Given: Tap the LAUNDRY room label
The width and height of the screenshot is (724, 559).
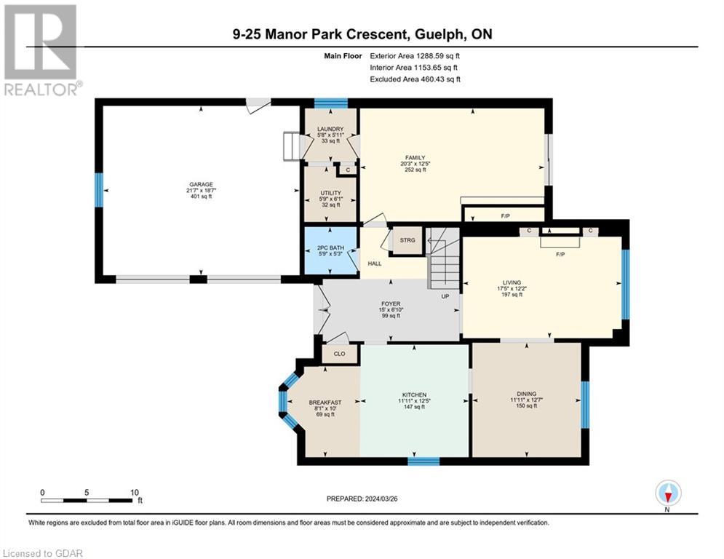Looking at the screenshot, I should click(330, 129).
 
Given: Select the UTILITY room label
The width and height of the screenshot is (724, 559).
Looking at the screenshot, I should click(330, 193).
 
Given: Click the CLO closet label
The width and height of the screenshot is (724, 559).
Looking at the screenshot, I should click(339, 354).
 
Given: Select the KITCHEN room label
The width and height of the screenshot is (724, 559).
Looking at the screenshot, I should click(413, 395).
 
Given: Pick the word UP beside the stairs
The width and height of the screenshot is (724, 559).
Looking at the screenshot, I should click(445, 296).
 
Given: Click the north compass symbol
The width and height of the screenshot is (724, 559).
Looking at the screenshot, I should click(667, 493).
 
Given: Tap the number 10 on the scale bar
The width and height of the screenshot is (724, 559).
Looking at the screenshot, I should click(135, 492).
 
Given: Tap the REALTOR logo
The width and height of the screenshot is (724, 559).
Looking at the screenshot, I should click(41, 50).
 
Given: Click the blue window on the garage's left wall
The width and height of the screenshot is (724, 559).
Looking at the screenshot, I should click(98, 189).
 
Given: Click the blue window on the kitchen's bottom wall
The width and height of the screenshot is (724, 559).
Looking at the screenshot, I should click(423, 461).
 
